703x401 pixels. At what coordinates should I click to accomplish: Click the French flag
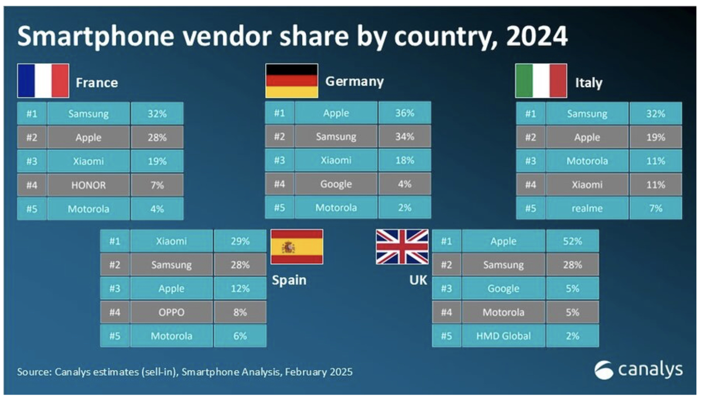[43, 81]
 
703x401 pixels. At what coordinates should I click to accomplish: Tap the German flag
[292, 81]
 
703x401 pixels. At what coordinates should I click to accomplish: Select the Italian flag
[541, 81]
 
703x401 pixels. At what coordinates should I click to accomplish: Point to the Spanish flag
[296, 247]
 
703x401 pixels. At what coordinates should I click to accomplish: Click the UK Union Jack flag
[402, 247]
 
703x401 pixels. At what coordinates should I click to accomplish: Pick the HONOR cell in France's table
[88, 184]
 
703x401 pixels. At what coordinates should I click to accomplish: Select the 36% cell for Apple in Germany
[404, 112]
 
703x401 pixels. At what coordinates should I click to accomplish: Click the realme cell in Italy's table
[587, 208]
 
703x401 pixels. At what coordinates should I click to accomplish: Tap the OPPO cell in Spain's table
[171, 312]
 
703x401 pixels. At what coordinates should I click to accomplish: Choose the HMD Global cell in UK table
[503, 336]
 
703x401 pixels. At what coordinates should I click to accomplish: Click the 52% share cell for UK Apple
[572, 241]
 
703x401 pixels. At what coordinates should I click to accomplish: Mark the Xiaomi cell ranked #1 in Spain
[171, 241]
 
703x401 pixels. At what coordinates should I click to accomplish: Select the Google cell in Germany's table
[336, 184]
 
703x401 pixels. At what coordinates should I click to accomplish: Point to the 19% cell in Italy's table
[656, 137]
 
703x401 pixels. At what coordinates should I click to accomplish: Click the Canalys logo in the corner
[639, 370]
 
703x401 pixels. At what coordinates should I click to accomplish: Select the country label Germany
[354, 81]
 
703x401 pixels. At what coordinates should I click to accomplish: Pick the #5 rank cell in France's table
[32, 208]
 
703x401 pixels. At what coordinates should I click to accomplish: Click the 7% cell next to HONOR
[157, 184]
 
